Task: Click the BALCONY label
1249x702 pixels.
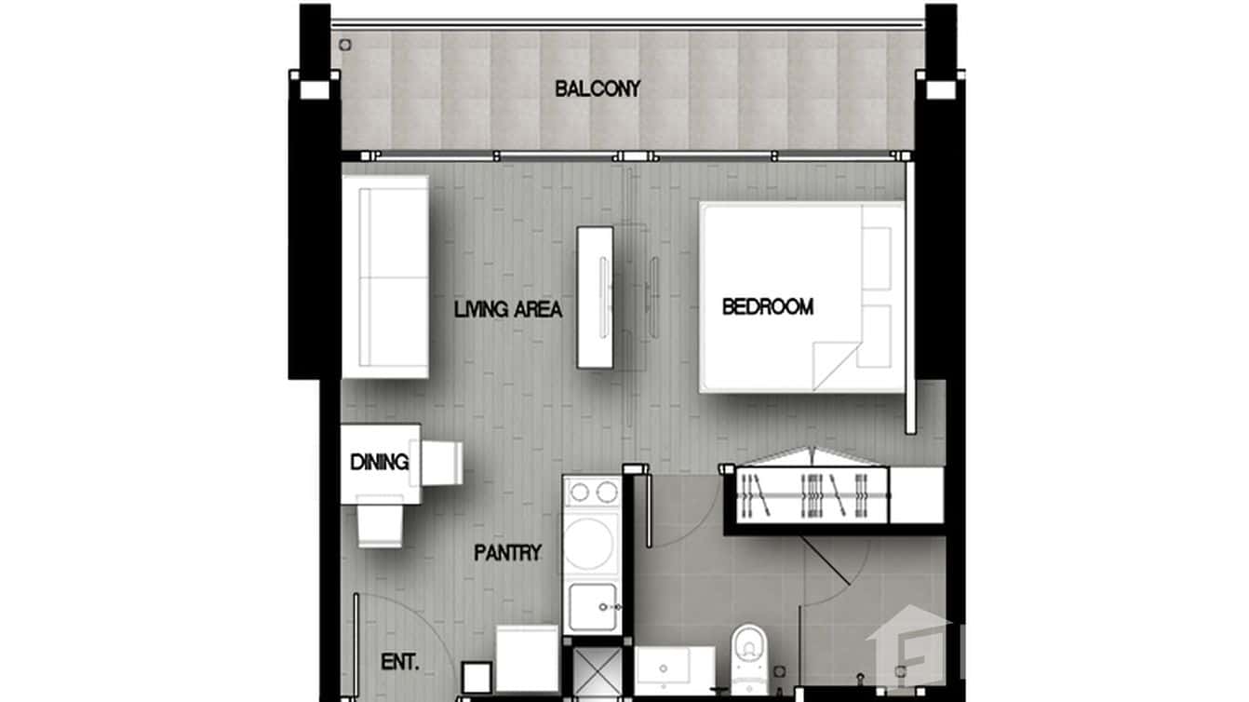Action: pyautogui.click(x=598, y=89)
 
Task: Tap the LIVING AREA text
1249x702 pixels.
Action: pyautogui.click(x=508, y=310)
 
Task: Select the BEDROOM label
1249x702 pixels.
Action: pyautogui.click(x=768, y=306)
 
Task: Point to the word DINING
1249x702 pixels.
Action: pyautogui.click(x=380, y=462)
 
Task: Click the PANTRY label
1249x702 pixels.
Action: pyautogui.click(x=507, y=553)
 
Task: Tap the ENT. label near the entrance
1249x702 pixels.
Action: pyautogui.click(x=400, y=663)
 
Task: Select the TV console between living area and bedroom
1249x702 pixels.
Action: pyautogui.click(x=595, y=297)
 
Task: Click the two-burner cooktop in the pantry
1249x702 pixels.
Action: pyautogui.click(x=592, y=493)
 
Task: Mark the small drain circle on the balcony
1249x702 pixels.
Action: pyautogui.click(x=345, y=44)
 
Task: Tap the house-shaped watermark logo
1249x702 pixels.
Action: pyautogui.click(x=907, y=646)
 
